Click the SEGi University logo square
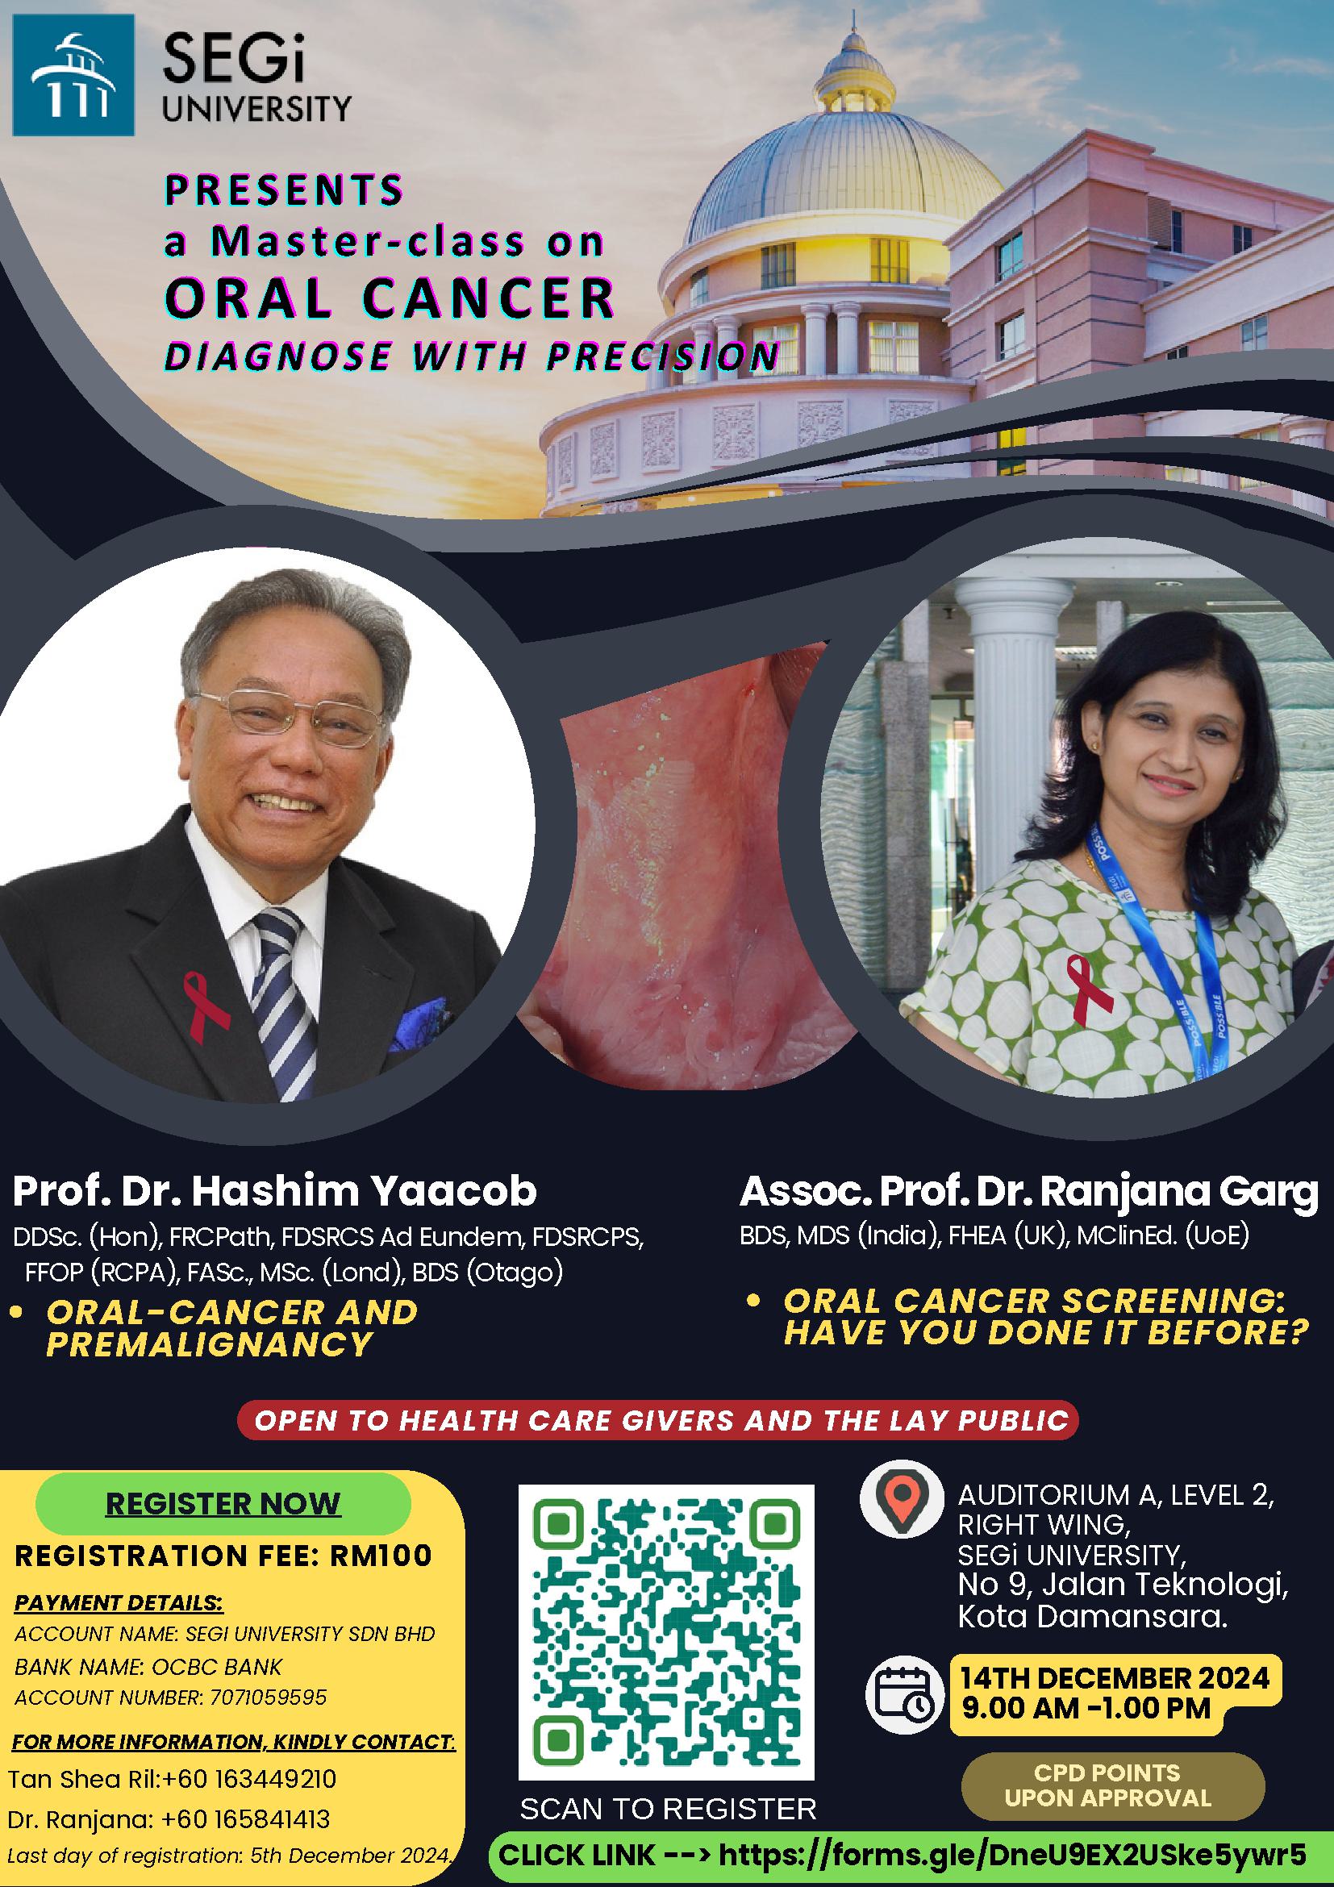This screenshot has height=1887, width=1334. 73,75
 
